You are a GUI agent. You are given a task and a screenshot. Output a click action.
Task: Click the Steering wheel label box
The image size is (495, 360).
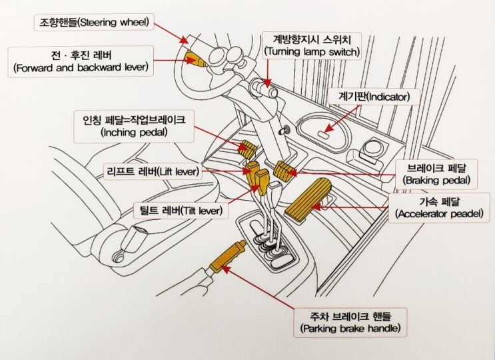click(x=94, y=23)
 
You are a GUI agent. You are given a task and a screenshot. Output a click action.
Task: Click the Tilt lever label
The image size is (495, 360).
click(x=181, y=210)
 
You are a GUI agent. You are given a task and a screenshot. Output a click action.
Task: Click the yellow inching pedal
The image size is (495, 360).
click(x=248, y=147)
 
